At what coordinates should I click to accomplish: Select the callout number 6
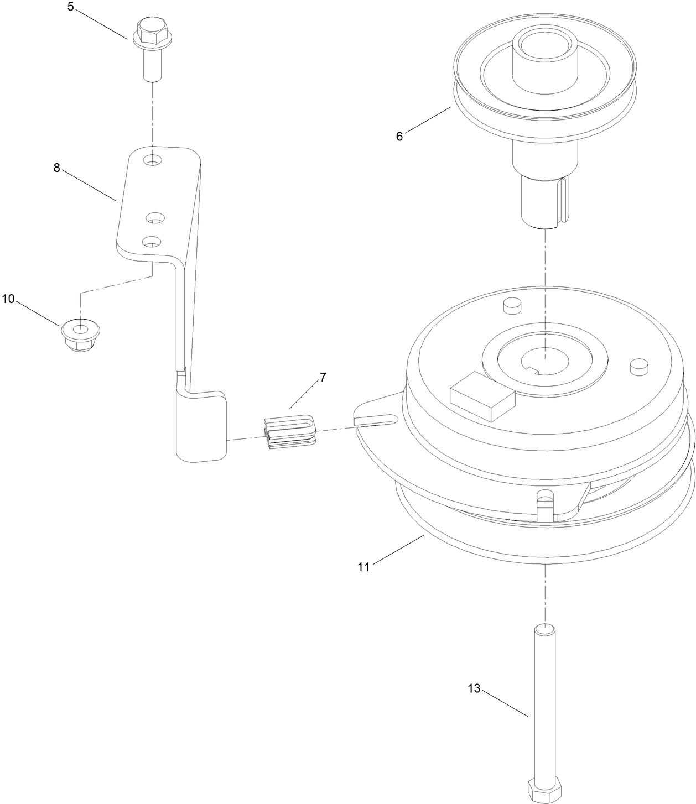coord(399,136)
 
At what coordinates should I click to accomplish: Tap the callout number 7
coord(323,378)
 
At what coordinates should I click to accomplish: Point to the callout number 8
coord(56,168)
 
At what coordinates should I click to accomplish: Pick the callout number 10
coord(8,299)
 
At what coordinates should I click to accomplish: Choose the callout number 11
coord(363,567)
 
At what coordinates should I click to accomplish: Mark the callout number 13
coord(474,688)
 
